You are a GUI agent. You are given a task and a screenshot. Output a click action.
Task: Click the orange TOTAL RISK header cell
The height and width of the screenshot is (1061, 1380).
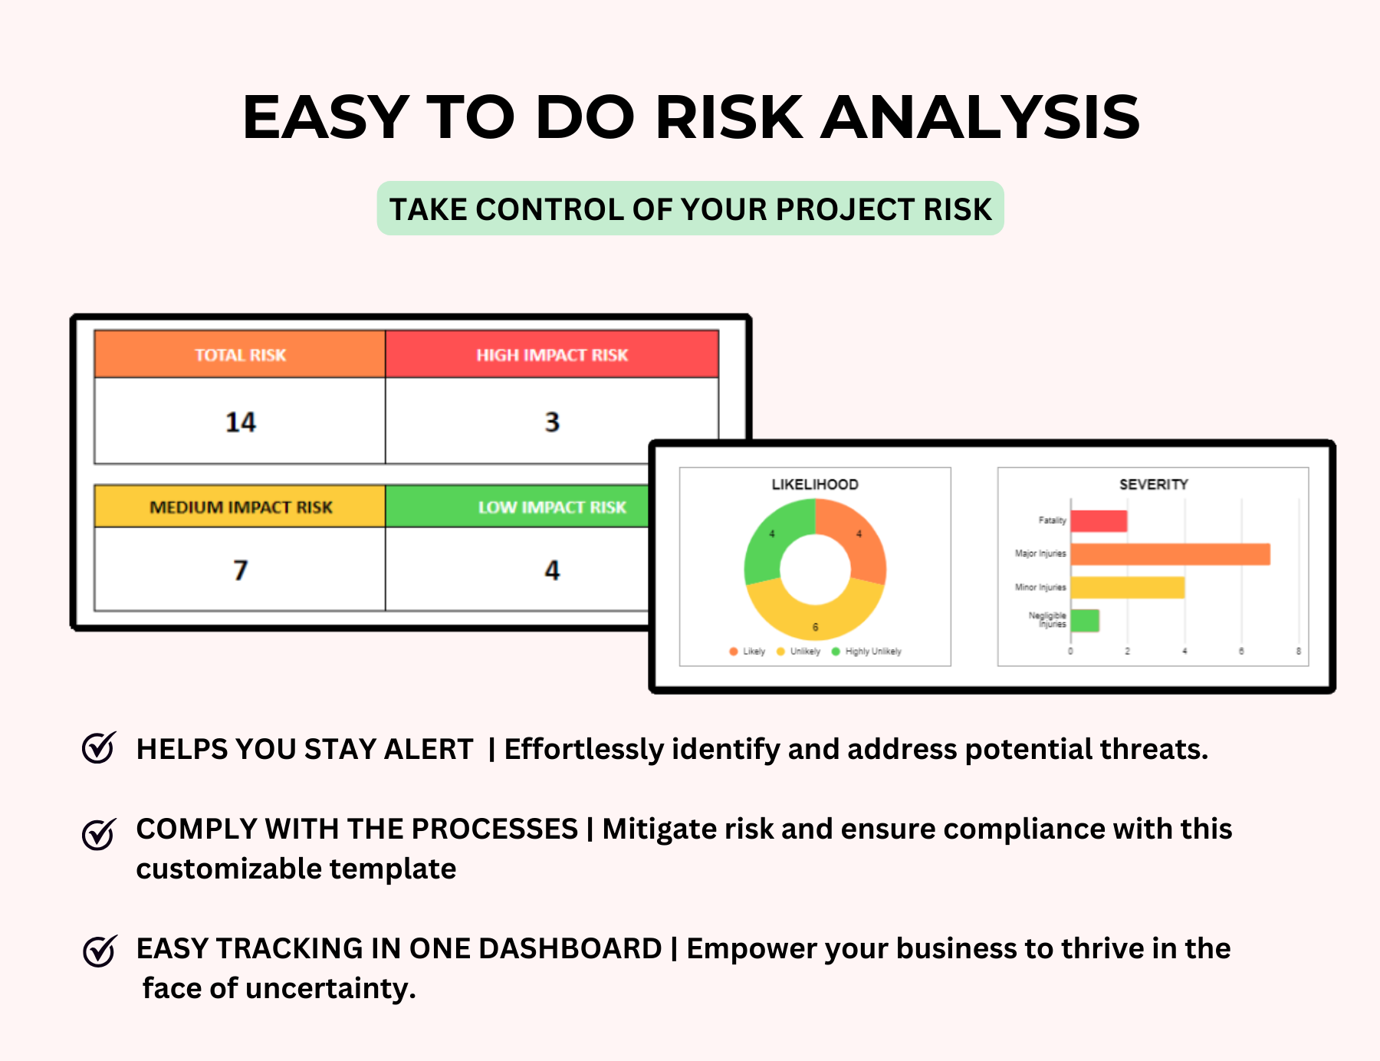(x=239, y=354)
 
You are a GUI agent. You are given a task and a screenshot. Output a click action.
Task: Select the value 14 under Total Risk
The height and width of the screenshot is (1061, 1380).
(x=240, y=422)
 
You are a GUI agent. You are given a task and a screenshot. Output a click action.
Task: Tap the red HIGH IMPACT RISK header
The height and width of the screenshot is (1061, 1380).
(x=551, y=354)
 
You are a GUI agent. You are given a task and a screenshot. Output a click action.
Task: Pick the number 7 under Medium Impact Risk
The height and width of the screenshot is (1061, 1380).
(x=240, y=570)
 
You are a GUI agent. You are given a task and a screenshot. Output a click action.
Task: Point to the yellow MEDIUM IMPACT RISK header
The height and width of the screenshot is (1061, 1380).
(x=240, y=507)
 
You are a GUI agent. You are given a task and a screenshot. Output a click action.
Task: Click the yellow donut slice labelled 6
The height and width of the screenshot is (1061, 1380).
(x=815, y=613)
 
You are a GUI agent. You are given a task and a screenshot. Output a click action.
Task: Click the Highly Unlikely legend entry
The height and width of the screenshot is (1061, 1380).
(x=872, y=652)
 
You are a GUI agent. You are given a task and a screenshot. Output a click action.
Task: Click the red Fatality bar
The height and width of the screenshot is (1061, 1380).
(x=1099, y=521)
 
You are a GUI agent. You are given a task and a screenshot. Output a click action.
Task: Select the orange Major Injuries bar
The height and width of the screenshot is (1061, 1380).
(x=1170, y=554)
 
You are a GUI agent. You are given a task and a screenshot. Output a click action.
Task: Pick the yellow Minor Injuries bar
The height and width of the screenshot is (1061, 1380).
(x=1127, y=588)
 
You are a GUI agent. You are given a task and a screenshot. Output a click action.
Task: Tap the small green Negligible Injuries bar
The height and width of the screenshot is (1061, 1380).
(x=1085, y=620)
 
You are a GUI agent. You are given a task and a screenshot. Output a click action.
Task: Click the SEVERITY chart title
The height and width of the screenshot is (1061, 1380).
(x=1153, y=485)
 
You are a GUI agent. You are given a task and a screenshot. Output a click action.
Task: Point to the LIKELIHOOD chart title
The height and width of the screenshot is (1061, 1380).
(x=814, y=485)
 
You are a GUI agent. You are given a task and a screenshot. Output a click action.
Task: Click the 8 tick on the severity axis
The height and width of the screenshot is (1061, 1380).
(x=1298, y=652)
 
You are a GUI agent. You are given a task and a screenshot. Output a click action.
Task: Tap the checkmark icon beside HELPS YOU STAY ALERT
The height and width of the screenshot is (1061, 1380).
(x=99, y=748)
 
